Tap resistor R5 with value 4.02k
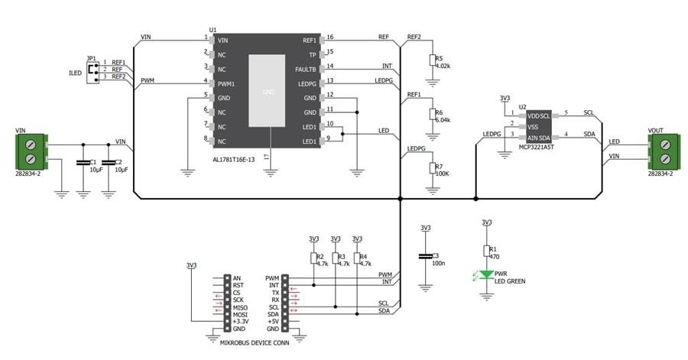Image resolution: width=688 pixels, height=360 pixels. pos(432,60)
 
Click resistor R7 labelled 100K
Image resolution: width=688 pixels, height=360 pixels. pos(432,167)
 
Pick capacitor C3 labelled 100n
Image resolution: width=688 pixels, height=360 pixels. pos(425,258)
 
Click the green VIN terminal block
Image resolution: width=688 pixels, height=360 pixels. pos(31,151)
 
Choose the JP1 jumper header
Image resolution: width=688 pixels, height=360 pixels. pos(93,71)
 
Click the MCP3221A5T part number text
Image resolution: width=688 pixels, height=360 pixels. pos(535,146)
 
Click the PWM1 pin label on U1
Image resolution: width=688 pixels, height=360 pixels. pos(226,83)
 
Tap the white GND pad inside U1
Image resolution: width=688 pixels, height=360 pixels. pos(267,91)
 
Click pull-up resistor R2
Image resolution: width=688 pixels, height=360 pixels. pos(313,259)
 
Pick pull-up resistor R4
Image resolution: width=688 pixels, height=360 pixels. pos(357,259)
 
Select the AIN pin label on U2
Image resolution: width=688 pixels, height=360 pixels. pos(532,137)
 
